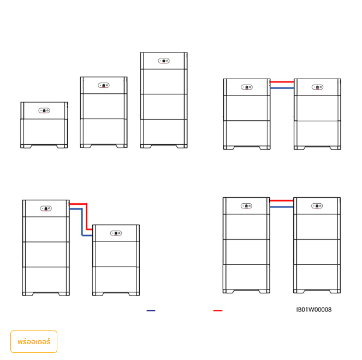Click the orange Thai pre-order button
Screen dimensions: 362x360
click(34, 341)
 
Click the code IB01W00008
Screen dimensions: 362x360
click(314, 310)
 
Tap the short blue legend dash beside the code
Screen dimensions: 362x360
click(151, 311)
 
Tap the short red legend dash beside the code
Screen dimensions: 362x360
click(218, 311)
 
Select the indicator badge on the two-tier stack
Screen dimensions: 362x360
click(44, 110)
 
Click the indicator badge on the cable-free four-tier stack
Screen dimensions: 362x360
click(164, 61)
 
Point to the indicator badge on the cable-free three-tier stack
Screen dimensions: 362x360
click(104, 85)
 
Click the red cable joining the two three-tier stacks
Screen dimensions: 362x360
click(282, 82)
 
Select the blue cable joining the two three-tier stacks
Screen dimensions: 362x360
click(282, 88)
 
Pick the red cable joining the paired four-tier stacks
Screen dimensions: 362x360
click(281, 200)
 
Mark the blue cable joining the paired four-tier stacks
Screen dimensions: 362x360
click(281, 207)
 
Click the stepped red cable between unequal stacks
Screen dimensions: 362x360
click(87, 216)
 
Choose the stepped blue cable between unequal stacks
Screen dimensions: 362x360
click(82, 222)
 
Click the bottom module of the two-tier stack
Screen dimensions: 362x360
click(44, 132)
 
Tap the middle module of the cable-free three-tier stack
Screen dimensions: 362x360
click(104, 106)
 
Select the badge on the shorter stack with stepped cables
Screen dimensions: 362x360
click(116, 233)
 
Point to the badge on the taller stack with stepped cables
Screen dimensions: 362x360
click(46, 209)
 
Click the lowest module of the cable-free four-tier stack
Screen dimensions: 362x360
click(164, 132)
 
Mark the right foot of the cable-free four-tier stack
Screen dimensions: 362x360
click(182, 146)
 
